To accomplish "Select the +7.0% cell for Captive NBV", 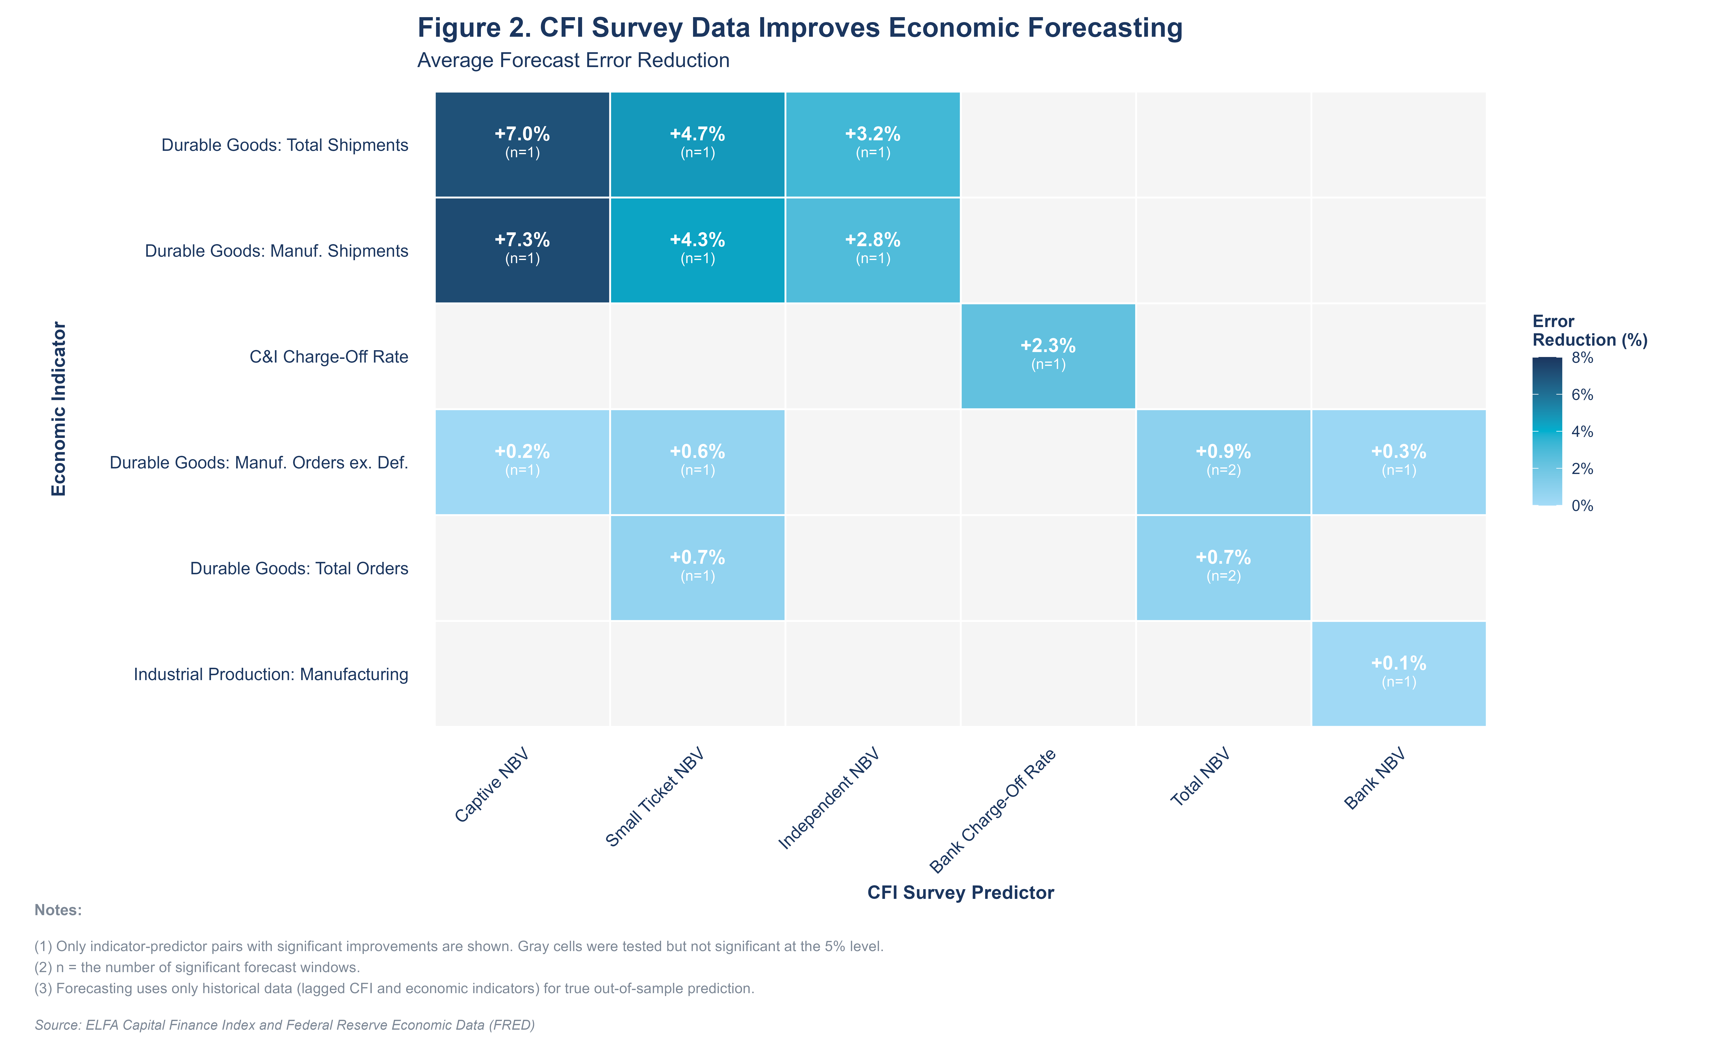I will [x=522, y=144].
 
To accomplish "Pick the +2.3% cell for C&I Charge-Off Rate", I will [x=1048, y=356].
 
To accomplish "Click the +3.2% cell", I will [x=872, y=144].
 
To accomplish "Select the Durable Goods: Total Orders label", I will [x=299, y=568].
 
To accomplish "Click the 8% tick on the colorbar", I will [x=1582, y=358].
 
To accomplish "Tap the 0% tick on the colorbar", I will [x=1582, y=505].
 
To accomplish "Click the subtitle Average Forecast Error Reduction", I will [x=573, y=60].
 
